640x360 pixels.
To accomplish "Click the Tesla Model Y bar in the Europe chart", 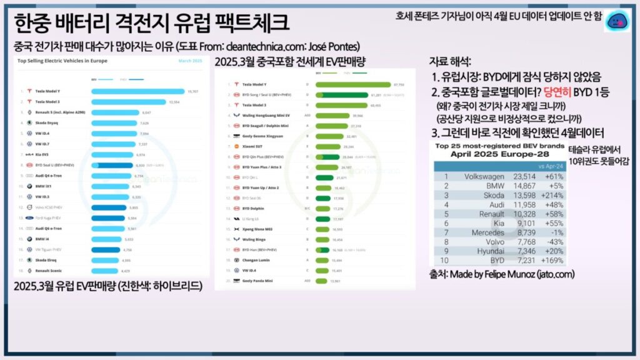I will click(137, 91).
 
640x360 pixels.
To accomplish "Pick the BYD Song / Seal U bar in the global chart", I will click(344, 94).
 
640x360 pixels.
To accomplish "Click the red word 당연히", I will click(560, 92).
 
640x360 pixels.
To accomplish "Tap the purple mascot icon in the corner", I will click(619, 21).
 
